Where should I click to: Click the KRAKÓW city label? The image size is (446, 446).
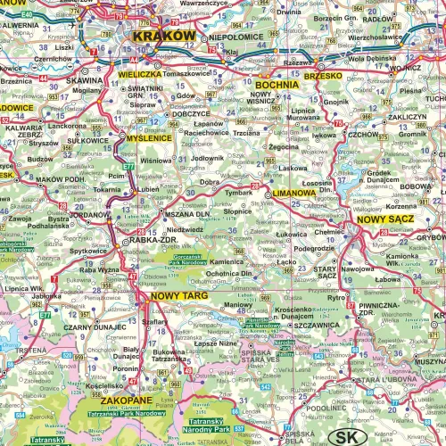tap(163, 37)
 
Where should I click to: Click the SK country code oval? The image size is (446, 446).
tap(343, 436)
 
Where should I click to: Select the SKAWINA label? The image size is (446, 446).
tap(79, 79)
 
